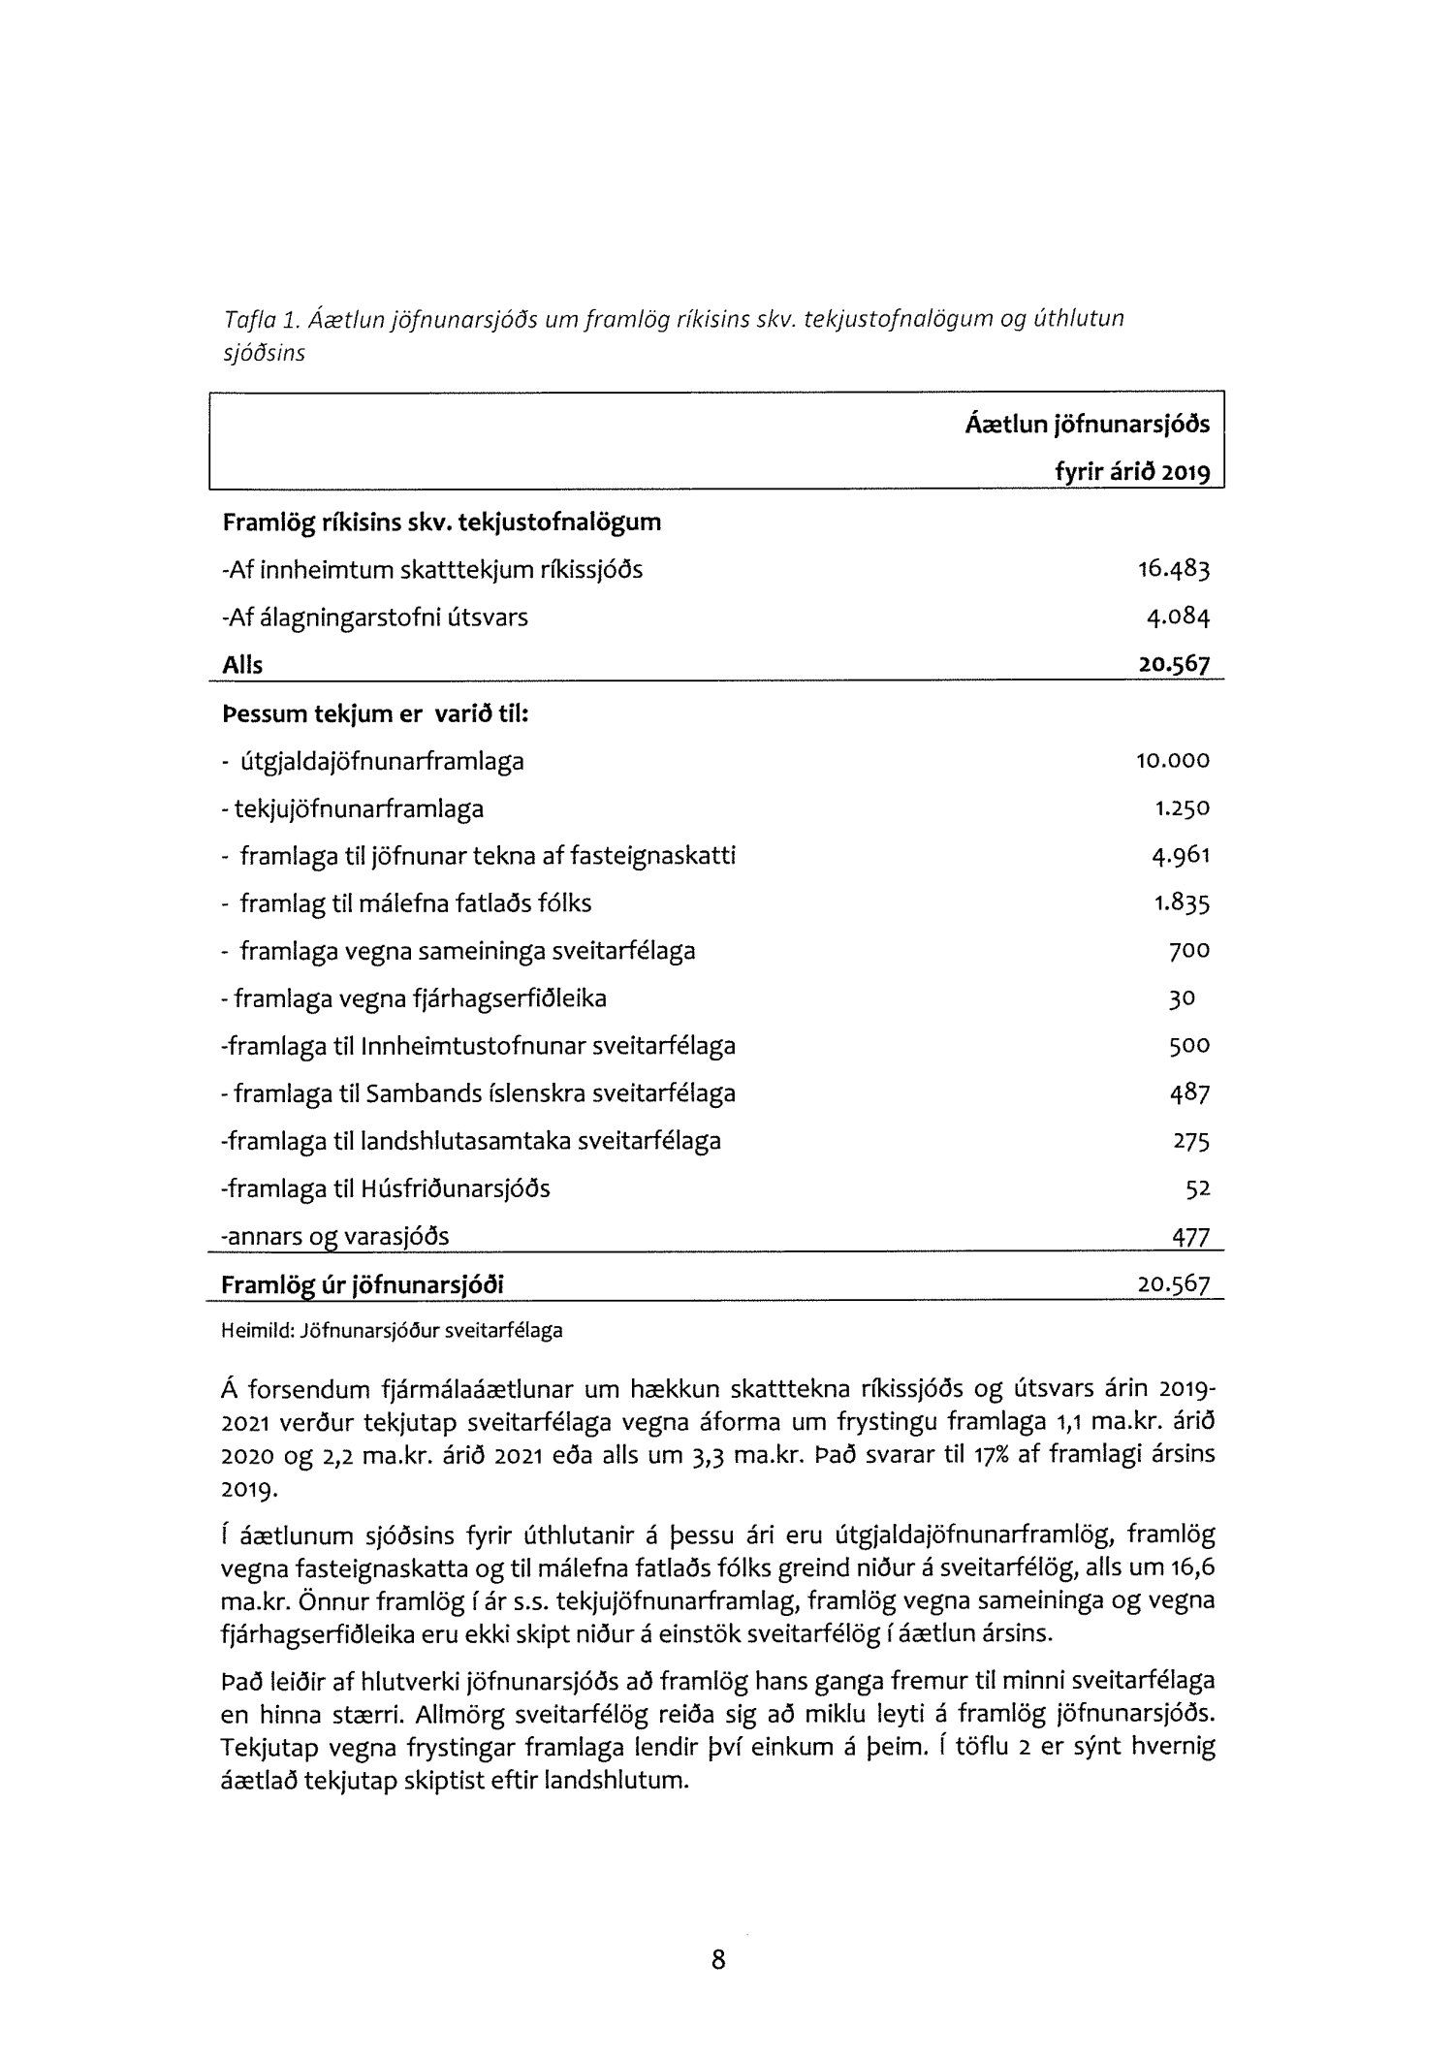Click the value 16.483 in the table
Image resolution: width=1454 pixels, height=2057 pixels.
pyautogui.click(x=1174, y=569)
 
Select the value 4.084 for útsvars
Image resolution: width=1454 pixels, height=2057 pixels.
pyautogui.click(x=1179, y=617)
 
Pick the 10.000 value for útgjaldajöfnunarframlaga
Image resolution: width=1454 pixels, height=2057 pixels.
pyautogui.click(x=1173, y=761)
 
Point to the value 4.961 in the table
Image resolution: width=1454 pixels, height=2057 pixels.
pyautogui.click(x=1179, y=856)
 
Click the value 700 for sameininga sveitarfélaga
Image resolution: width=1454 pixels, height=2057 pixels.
pyautogui.click(x=1189, y=951)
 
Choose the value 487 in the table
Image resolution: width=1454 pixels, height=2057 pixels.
pyautogui.click(x=1189, y=1093)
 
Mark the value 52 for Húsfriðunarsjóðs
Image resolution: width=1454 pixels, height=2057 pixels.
pyautogui.click(x=1198, y=1188)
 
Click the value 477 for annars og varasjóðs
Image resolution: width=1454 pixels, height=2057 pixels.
pyautogui.click(x=1191, y=1236)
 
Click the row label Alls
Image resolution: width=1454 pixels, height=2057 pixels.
pyautogui.click(x=242, y=665)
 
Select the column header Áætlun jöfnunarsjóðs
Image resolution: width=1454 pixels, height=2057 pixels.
pyautogui.click(x=1088, y=425)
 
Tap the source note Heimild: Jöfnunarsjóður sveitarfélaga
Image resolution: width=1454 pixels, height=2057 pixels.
pyautogui.click(x=392, y=1331)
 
